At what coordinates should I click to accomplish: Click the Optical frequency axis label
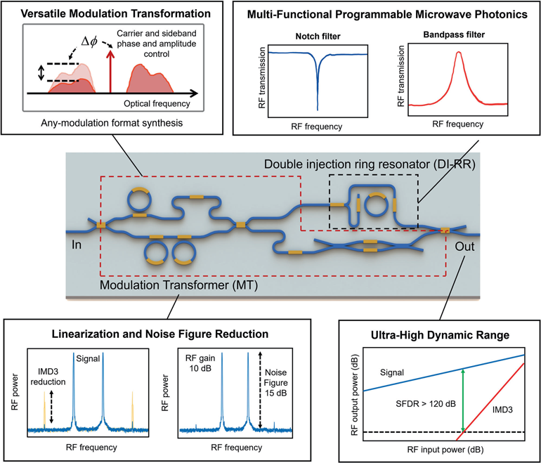tap(157, 104)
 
